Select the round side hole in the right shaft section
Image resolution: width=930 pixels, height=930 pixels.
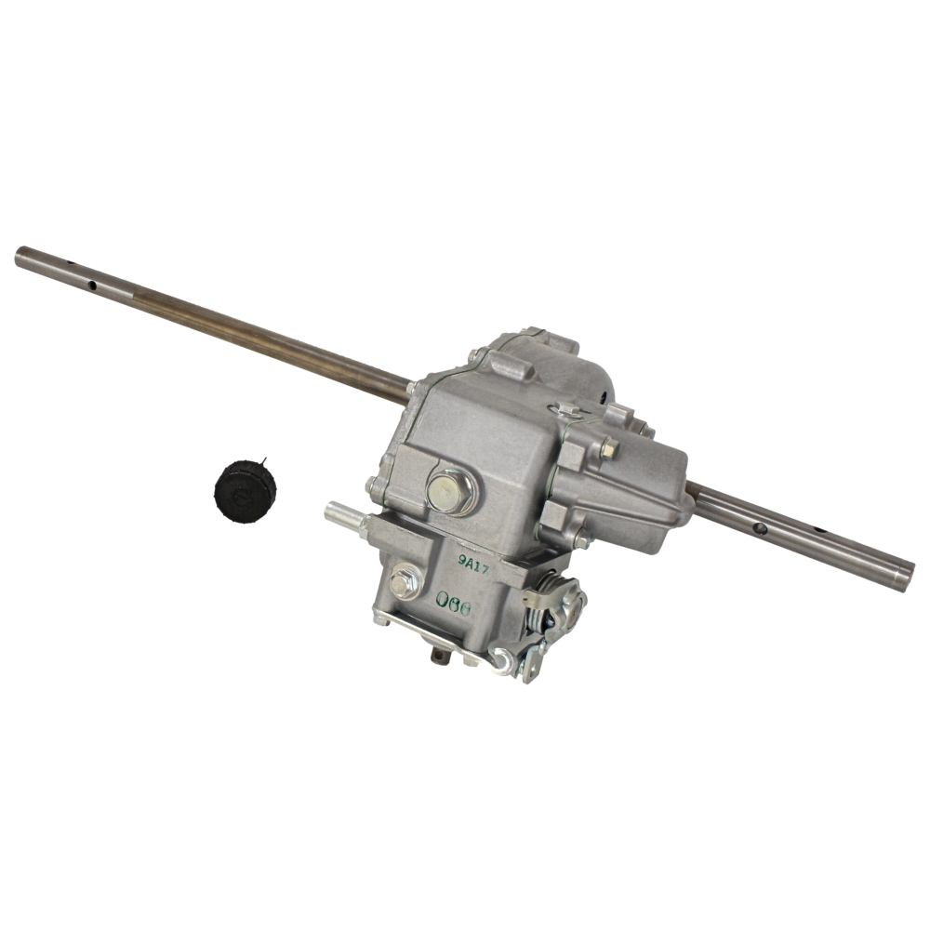[761, 528]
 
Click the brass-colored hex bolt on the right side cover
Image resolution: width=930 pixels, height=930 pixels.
[610, 447]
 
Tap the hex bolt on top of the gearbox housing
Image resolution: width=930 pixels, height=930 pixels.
[568, 408]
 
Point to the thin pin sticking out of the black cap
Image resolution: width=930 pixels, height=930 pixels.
[265, 463]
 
